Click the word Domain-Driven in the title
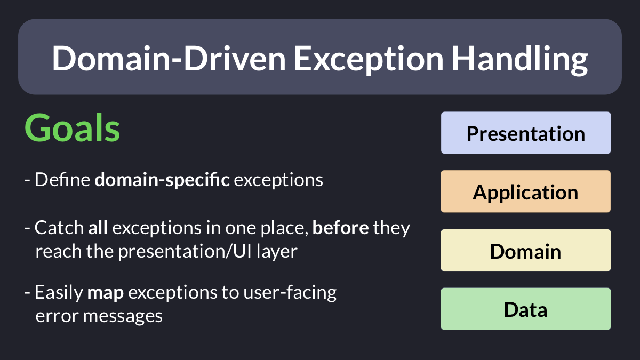pyautogui.click(x=169, y=59)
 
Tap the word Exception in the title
pyautogui.click(x=369, y=60)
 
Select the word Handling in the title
pyautogui.click(x=519, y=59)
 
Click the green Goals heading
pyautogui.click(x=73, y=127)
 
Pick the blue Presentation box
pyautogui.click(x=526, y=133)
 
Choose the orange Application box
pyautogui.click(x=526, y=191)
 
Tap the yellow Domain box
pyautogui.click(x=526, y=250)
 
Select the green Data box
pyautogui.click(x=526, y=309)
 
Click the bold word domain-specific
pyautogui.click(x=162, y=180)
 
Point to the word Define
pyautogui.click(x=62, y=180)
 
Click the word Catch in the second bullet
pyautogui.click(x=59, y=228)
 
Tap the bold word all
pyautogui.click(x=98, y=228)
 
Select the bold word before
pyautogui.click(x=341, y=228)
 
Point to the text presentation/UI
pyautogui.click(x=185, y=252)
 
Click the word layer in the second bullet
pyautogui.click(x=277, y=252)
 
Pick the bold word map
pyautogui.click(x=106, y=293)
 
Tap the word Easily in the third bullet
pyautogui.click(x=59, y=293)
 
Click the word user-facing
pyautogui.click(x=290, y=293)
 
